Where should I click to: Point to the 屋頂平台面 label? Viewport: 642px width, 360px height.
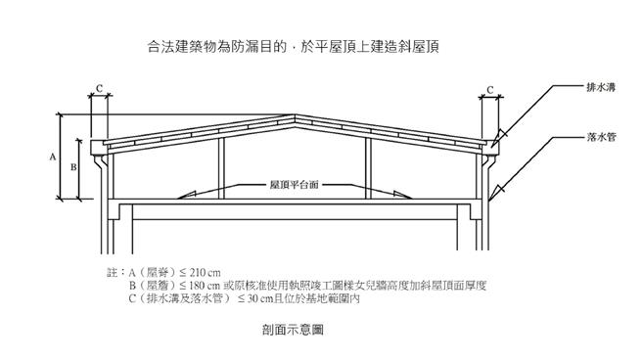pyautogui.click(x=295, y=183)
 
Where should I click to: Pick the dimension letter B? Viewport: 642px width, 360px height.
pyautogui.click(x=73, y=167)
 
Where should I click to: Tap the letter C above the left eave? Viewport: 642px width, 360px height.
pyautogui.click(x=99, y=89)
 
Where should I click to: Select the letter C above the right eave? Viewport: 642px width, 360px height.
pyautogui.click(x=490, y=89)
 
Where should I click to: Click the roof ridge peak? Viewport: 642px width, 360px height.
pyautogui.click(x=296, y=118)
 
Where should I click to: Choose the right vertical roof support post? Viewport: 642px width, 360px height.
pyautogui.click(x=368, y=166)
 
